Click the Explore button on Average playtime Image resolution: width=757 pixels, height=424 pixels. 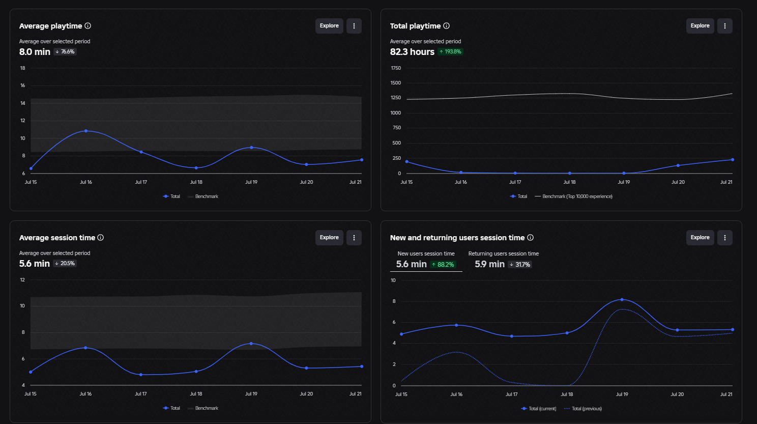click(x=329, y=26)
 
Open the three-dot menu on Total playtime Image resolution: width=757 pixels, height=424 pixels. click(x=724, y=26)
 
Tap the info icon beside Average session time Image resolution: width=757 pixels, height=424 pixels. click(x=100, y=238)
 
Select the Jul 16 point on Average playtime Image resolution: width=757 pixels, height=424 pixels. click(x=86, y=131)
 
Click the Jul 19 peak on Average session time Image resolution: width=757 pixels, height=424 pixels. click(x=251, y=344)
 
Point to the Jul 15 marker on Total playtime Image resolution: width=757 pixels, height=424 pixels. click(x=406, y=162)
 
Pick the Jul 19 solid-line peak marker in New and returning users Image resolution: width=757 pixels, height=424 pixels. click(x=622, y=300)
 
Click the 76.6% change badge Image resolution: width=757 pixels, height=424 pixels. click(x=65, y=52)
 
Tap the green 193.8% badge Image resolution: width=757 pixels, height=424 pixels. click(x=450, y=52)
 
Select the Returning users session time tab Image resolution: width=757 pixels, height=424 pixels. click(x=503, y=260)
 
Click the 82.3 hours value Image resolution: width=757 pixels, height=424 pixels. click(x=412, y=52)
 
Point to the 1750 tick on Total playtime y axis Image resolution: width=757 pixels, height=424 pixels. click(x=396, y=68)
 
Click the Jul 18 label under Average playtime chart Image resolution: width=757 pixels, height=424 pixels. click(x=196, y=182)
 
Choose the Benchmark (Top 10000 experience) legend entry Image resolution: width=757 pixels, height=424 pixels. click(x=573, y=196)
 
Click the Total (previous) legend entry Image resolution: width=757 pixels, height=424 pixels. click(x=583, y=408)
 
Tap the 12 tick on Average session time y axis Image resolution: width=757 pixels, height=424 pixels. click(x=22, y=279)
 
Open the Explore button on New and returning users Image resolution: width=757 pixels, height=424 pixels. click(x=700, y=238)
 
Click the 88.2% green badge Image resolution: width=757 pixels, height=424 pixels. click(x=443, y=264)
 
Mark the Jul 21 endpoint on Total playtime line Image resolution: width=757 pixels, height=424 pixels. click(x=733, y=160)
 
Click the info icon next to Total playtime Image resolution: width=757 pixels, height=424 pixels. click(x=447, y=26)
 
